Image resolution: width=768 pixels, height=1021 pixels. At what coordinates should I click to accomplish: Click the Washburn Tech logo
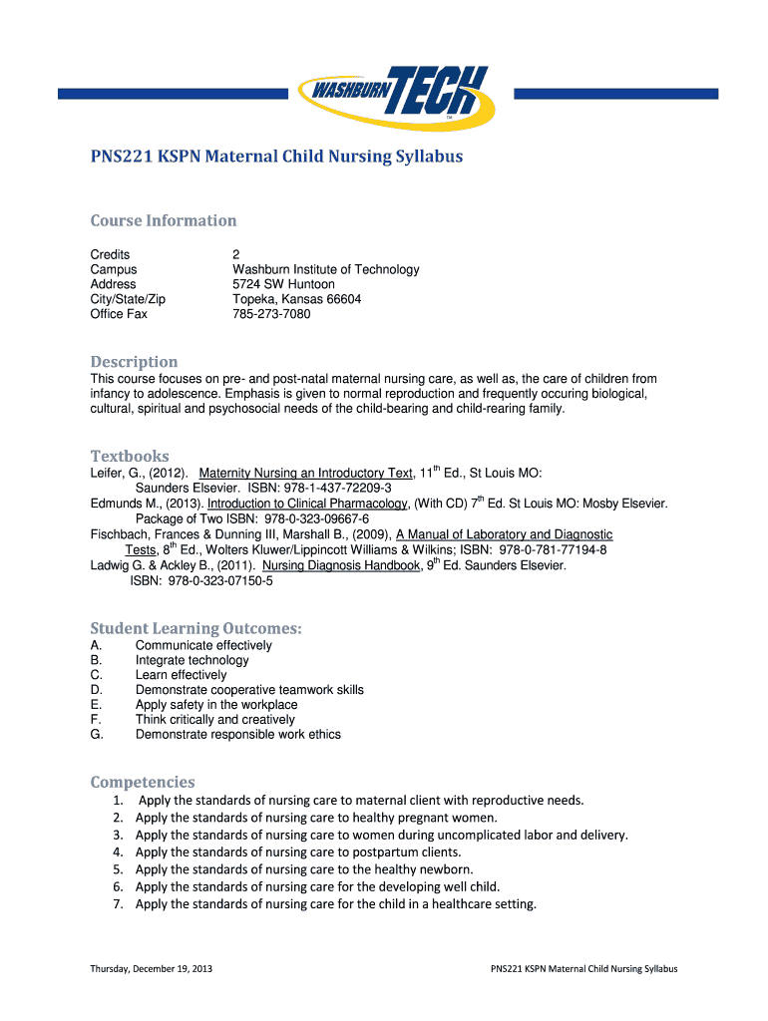click(392, 93)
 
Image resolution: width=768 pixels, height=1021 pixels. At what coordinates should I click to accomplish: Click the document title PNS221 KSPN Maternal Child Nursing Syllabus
click(276, 157)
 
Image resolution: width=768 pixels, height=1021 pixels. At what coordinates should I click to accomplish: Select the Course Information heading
click(164, 220)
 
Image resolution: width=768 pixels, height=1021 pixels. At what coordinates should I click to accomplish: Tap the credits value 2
click(236, 254)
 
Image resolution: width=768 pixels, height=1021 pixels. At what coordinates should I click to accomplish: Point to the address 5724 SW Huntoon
click(283, 284)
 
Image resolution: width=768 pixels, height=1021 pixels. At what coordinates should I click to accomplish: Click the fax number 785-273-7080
click(271, 314)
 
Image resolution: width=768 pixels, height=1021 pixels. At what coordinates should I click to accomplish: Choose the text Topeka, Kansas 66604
click(296, 299)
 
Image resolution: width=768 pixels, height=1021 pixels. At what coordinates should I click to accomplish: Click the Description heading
click(134, 361)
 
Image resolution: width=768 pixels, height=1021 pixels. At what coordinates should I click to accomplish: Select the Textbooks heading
click(130, 456)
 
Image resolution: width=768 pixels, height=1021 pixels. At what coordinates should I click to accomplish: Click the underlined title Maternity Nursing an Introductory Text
click(306, 474)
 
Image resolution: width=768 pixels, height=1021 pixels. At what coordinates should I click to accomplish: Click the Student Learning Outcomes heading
click(195, 628)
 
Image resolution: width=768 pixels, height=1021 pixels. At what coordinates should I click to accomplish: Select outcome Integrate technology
click(192, 660)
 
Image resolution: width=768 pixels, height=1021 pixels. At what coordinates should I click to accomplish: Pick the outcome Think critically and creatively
click(215, 719)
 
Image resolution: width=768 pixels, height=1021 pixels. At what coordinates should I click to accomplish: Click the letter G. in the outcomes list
click(97, 734)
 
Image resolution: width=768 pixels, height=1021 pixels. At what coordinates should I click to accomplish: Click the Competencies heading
click(143, 782)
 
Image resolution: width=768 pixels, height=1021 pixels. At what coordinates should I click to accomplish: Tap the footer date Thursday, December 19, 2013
click(151, 968)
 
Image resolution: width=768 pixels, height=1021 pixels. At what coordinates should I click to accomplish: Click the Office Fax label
click(119, 314)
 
